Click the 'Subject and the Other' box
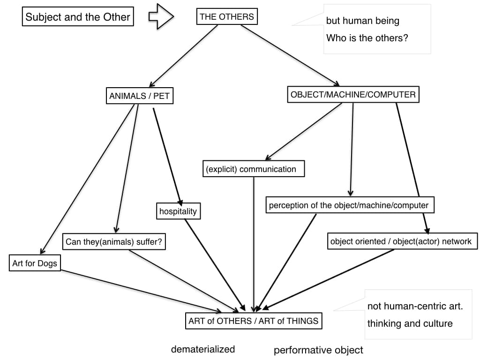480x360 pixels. pyautogui.click(x=78, y=17)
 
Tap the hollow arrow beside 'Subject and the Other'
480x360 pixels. pyautogui.click(x=161, y=17)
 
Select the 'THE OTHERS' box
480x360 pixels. pyautogui.click(x=226, y=17)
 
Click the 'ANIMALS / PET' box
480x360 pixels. pyautogui.click(x=139, y=97)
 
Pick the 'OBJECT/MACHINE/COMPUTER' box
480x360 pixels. pyautogui.click(x=353, y=95)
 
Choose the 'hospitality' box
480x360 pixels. pyautogui.click(x=178, y=211)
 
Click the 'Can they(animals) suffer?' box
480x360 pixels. pyautogui.click(x=116, y=242)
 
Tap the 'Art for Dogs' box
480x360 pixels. pyautogui.click(x=35, y=263)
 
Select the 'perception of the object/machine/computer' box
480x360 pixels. pyautogui.click(x=349, y=205)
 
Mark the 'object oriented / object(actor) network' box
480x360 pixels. pyautogui.click(x=401, y=241)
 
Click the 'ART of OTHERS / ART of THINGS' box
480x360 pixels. pyautogui.click(x=253, y=321)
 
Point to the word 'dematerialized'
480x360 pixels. pyautogui.click(x=203, y=349)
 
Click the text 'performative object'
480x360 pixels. pyautogui.click(x=318, y=350)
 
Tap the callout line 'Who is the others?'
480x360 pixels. pyautogui.click(x=367, y=38)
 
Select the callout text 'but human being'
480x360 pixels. pyautogui.click(x=363, y=21)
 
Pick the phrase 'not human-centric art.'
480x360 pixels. pyautogui.click(x=415, y=307)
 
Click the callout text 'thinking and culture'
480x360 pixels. pyautogui.click(x=410, y=323)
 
